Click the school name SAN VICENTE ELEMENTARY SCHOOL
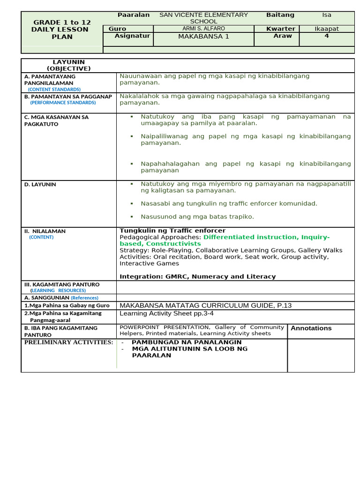(203, 18)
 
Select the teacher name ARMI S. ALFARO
(203, 29)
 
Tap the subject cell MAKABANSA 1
(203, 37)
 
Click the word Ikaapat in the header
(326, 29)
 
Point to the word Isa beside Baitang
(326, 15)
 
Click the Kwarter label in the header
(280, 29)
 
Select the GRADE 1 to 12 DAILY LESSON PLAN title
(62, 30)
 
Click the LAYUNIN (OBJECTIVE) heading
(68, 65)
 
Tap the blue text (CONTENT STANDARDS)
(54, 89)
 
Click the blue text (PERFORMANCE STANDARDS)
(63, 103)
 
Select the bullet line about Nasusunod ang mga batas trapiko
(197, 217)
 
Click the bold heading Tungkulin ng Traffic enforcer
(172, 231)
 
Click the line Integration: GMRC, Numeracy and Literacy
(197, 277)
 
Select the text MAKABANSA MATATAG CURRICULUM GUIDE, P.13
(205, 306)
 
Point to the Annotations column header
(311, 328)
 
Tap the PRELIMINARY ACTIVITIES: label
(68, 342)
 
